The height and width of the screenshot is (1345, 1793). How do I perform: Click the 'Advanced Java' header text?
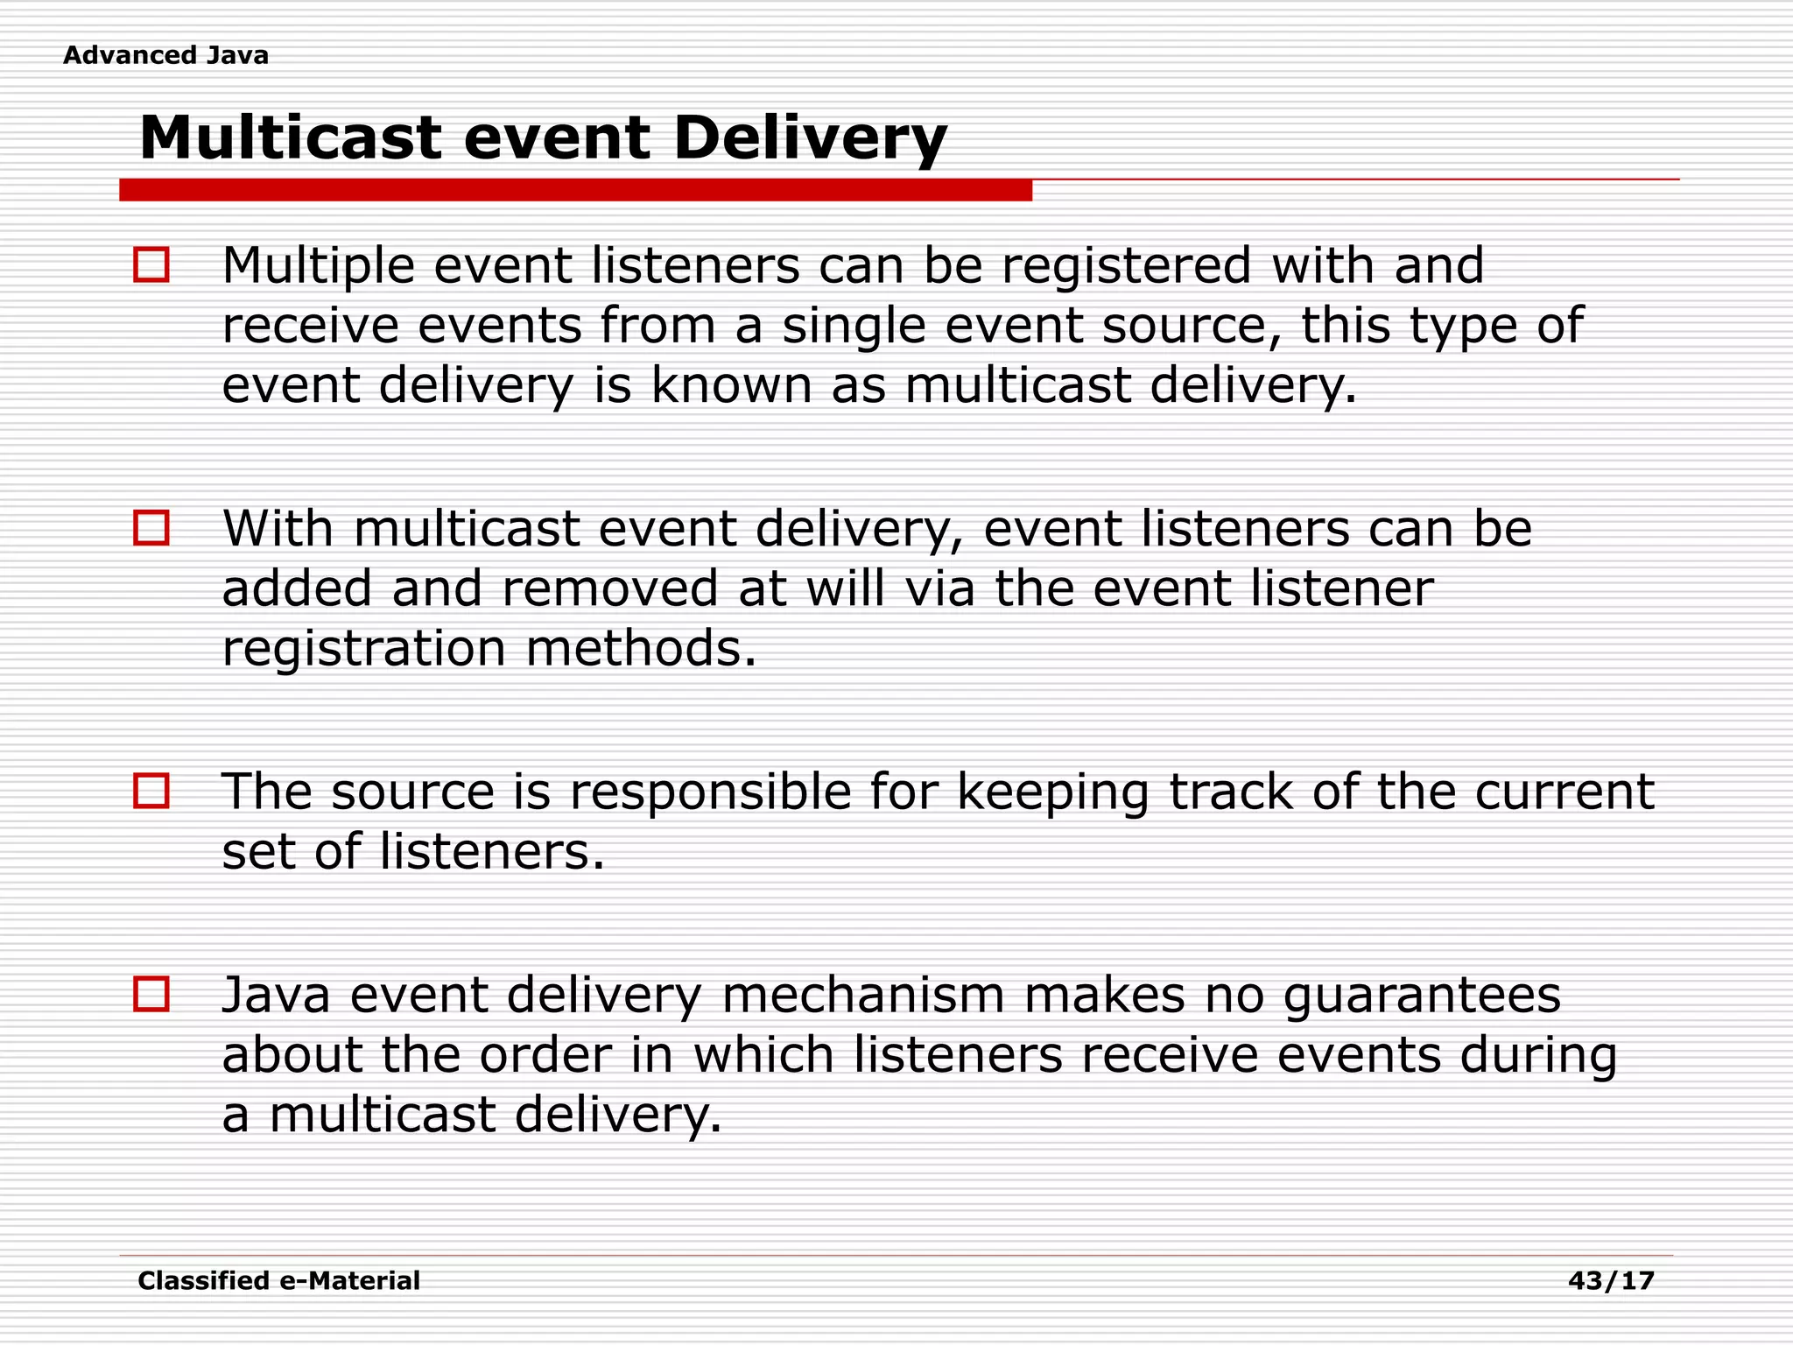tap(165, 55)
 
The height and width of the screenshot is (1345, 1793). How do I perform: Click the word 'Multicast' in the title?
tap(290, 138)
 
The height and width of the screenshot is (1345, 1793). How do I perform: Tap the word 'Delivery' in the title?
tap(810, 138)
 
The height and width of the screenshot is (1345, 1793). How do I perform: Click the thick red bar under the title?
tap(575, 190)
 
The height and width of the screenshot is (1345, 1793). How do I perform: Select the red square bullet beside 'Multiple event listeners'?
tap(151, 264)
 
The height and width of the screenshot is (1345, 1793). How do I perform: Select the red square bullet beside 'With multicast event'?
tap(151, 528)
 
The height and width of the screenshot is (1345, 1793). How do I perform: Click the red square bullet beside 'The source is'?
tap(151, 791)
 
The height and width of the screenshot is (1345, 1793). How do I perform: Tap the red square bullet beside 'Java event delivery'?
tap(151, 995)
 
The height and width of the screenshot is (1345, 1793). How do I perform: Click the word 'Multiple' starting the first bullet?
tap(318, 266)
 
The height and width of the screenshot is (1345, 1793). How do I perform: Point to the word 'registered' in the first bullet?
tap(1126, 266)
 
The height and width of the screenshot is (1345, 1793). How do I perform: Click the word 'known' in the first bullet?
tap(731, 385)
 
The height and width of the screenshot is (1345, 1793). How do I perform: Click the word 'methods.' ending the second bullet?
tap(640, 648)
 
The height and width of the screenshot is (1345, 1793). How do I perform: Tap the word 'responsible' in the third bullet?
tap(710, 792)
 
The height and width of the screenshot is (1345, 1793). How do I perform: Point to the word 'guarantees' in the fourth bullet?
tap(1422, 997)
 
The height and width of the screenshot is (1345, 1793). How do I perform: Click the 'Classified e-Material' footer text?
tap(278, 1281)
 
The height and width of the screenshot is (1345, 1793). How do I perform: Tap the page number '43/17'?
tap(1611, 1281)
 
